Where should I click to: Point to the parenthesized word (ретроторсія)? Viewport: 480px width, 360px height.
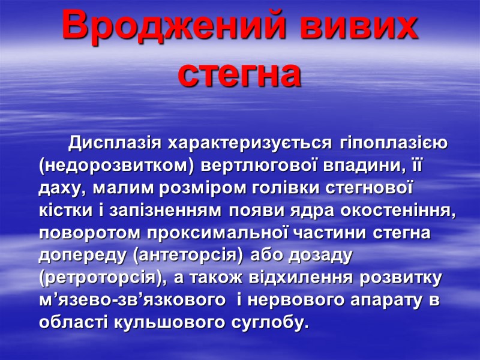(x=104, y=278)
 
